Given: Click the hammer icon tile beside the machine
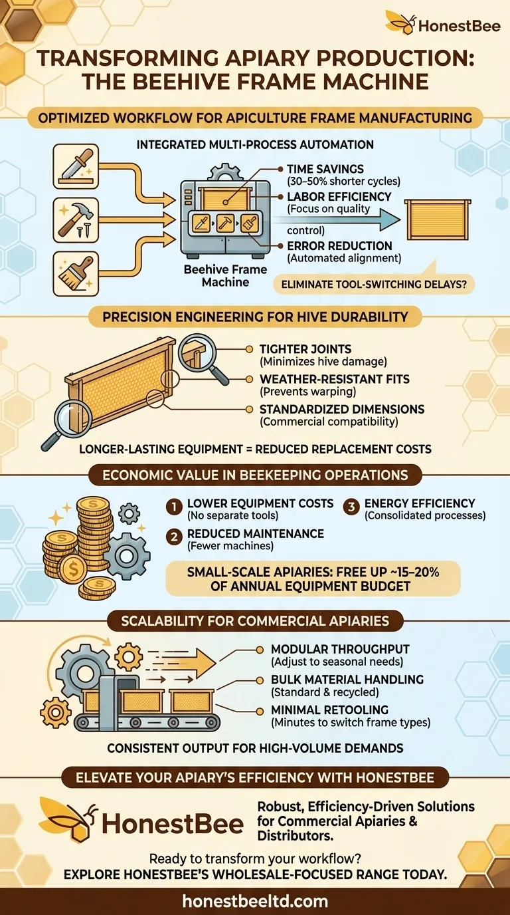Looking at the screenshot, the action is [76, 220].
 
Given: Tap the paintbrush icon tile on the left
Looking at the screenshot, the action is [76, 274].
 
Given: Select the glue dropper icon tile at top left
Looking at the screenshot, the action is [76, 166].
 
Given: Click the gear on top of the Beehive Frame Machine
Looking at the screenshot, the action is [224, 172].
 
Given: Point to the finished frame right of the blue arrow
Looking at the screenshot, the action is [438, 219].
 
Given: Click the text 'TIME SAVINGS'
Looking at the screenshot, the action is [325, 169].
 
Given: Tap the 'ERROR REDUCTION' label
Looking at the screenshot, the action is [339, 246].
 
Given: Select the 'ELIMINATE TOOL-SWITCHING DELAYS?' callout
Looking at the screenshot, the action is [374, 285].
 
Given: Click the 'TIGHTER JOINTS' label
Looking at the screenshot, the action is [305, 349].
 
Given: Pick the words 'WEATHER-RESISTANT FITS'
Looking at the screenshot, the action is [335, 379].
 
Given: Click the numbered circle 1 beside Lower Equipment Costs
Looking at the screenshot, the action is [174, 507].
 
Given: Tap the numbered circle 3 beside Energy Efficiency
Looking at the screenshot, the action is [351, 507].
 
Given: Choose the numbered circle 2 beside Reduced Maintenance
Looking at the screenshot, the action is [174, 537].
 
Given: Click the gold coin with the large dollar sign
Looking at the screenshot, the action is [73, 568].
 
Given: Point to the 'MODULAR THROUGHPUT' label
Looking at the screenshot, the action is [340, 649].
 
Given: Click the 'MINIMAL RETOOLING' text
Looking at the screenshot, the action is [329, 710].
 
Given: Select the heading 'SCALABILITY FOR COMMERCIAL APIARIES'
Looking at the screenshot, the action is [255, 621].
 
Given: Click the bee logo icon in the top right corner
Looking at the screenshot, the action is [400, 23].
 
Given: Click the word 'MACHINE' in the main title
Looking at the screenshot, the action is [376, 81].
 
